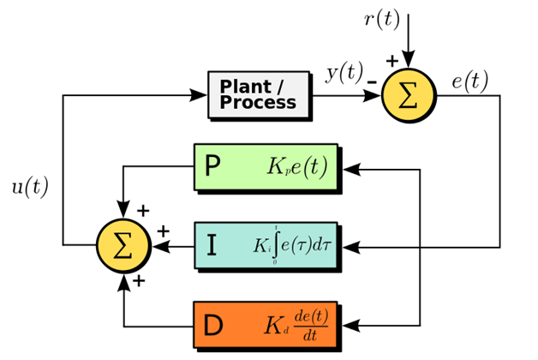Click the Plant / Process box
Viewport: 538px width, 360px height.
pos(258,95)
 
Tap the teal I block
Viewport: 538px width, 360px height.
pos(266,247)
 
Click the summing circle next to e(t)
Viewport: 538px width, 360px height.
pos(409,94)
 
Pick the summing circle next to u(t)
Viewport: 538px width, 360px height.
pos(123,247)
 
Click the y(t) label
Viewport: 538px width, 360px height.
pos(344,74)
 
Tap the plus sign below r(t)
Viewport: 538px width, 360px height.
pos(392,61)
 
